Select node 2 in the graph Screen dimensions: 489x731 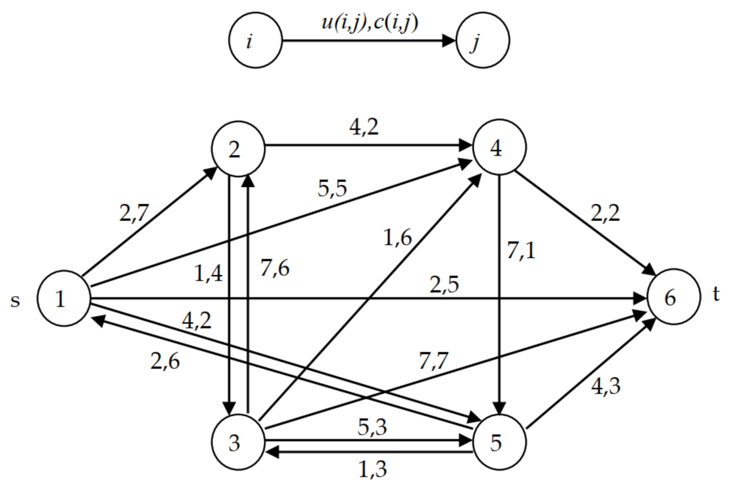click(x=238, y=149)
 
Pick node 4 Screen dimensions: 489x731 click(x=499, y=147)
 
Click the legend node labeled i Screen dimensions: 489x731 click(x=256, y=41)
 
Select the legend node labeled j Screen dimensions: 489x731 click(x=482, y=41)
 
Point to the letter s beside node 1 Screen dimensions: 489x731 click(x=15, y=301)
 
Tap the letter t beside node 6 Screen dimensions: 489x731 click(x=716, y=294)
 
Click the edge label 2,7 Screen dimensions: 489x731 click(x=134, y=213)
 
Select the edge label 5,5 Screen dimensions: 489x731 click(x=332, y=188)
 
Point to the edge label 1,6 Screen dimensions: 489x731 click(x=397, y=238)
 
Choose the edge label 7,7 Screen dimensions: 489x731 click(x=433, y=361)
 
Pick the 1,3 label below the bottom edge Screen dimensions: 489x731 click(x=373, y=469)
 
